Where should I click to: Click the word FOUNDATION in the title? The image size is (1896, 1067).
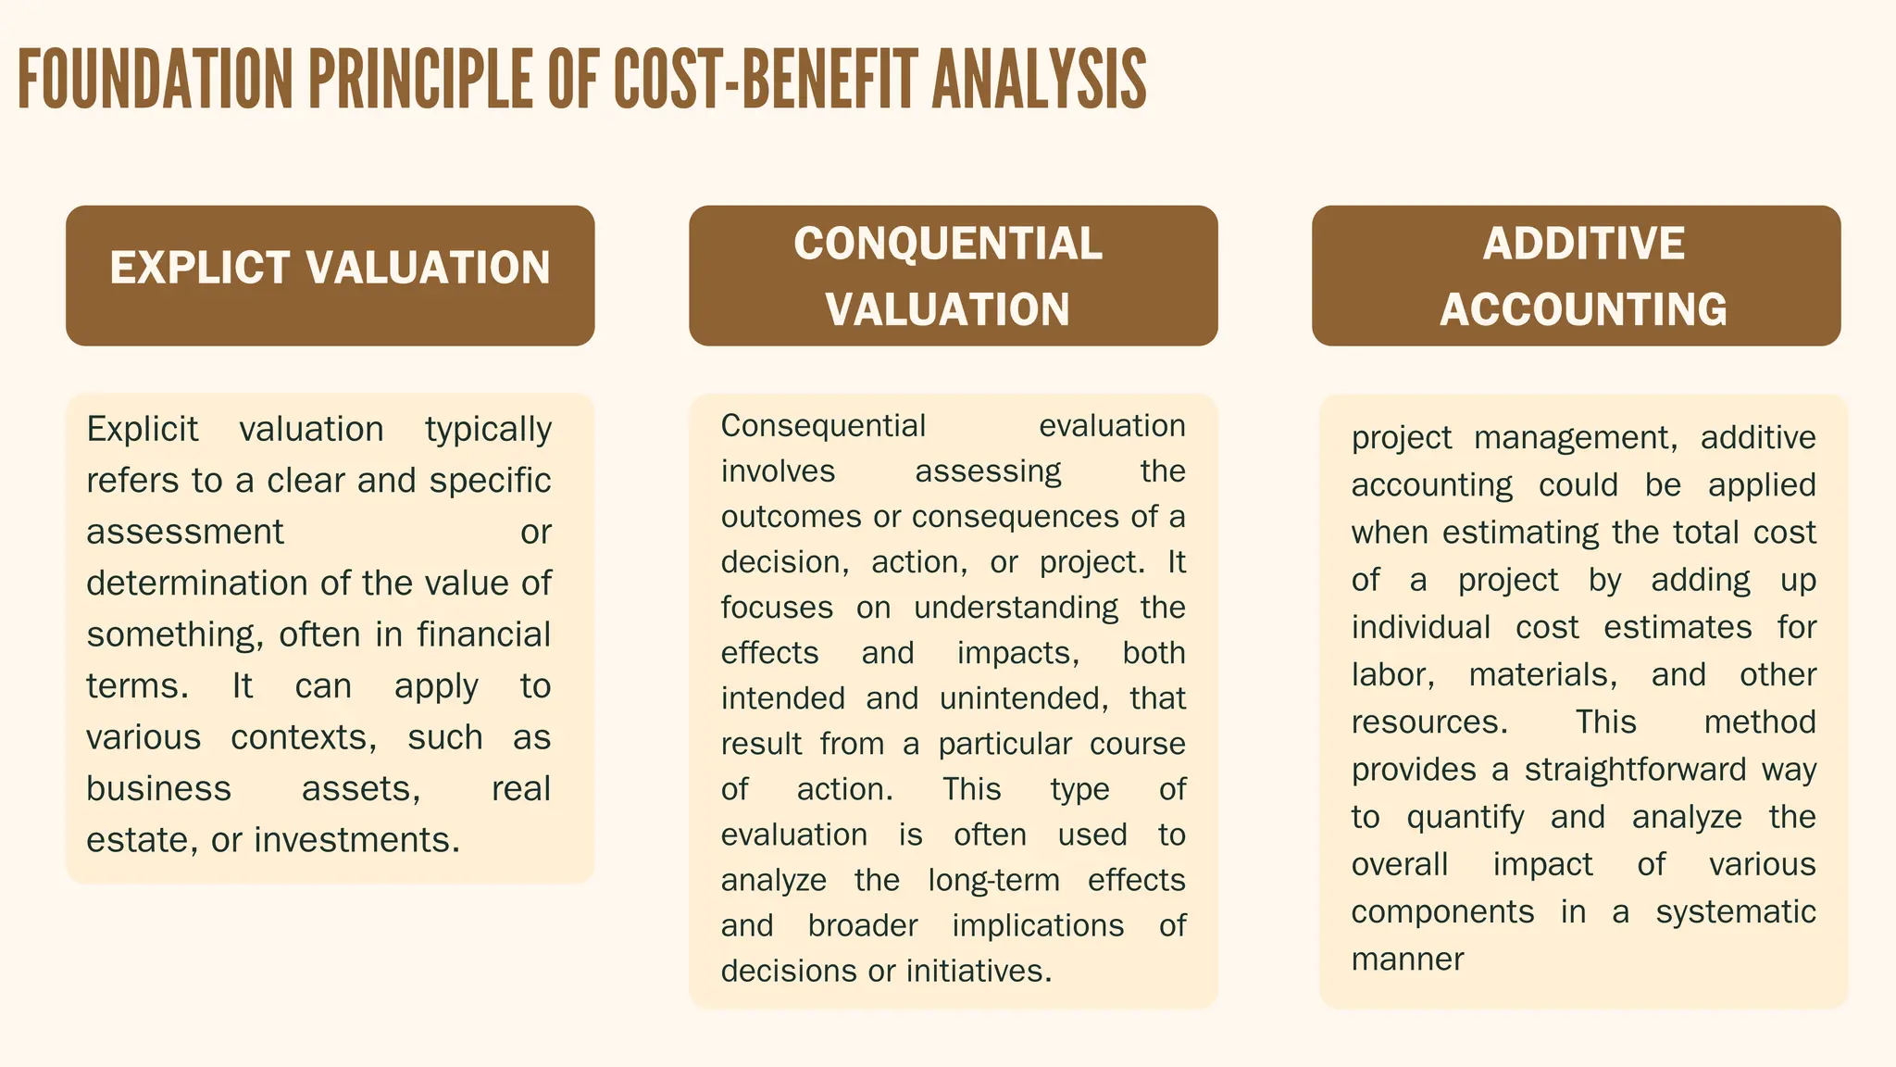(x=155, y=80)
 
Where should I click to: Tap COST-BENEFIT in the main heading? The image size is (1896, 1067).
(x=765, y=80)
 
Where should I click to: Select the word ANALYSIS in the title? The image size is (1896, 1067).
(x=1039, y=80)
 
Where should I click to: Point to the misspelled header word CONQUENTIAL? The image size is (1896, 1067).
(x=948, y=245)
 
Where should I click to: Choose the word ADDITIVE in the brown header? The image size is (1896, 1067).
(x=1583, y=245)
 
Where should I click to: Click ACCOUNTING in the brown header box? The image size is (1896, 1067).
(x=1583, y=309)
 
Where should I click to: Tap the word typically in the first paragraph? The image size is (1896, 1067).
(x=488, y=430)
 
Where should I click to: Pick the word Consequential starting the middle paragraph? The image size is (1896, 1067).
(x=823, y=426)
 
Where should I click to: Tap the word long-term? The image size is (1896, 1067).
(x=993, y=880)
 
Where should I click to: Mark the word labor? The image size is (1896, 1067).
(x=1392, y=675)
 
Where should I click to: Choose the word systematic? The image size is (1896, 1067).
(x=1736, y=912)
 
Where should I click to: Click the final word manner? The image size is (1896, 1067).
(x=1407, y=960)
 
